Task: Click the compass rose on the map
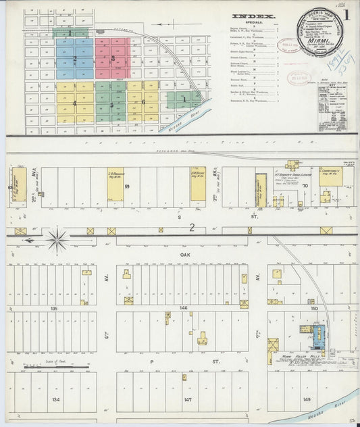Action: (x=57, y=238)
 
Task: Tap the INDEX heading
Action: (x=253, y=16)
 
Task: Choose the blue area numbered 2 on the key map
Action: (x=75, y=59)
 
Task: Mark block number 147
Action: (x=183, y=399)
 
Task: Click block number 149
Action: (x=308, y=399)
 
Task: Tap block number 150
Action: (x=313, y=307)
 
